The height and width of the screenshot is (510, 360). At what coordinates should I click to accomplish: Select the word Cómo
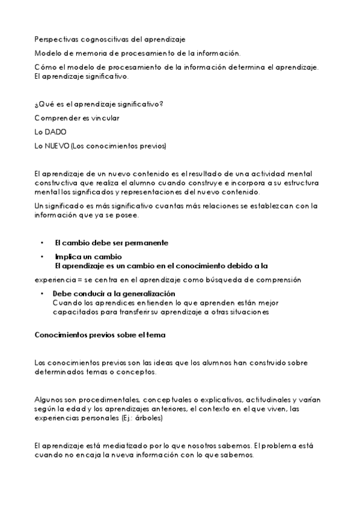point(46,66)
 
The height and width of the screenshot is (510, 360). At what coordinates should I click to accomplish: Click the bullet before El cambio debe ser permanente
point(42,243)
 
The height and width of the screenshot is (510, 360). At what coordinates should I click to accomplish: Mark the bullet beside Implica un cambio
point(42,256)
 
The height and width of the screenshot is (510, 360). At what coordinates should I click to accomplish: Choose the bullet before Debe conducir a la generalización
point(42,293)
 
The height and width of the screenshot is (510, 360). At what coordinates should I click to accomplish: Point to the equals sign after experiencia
point(79,280)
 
